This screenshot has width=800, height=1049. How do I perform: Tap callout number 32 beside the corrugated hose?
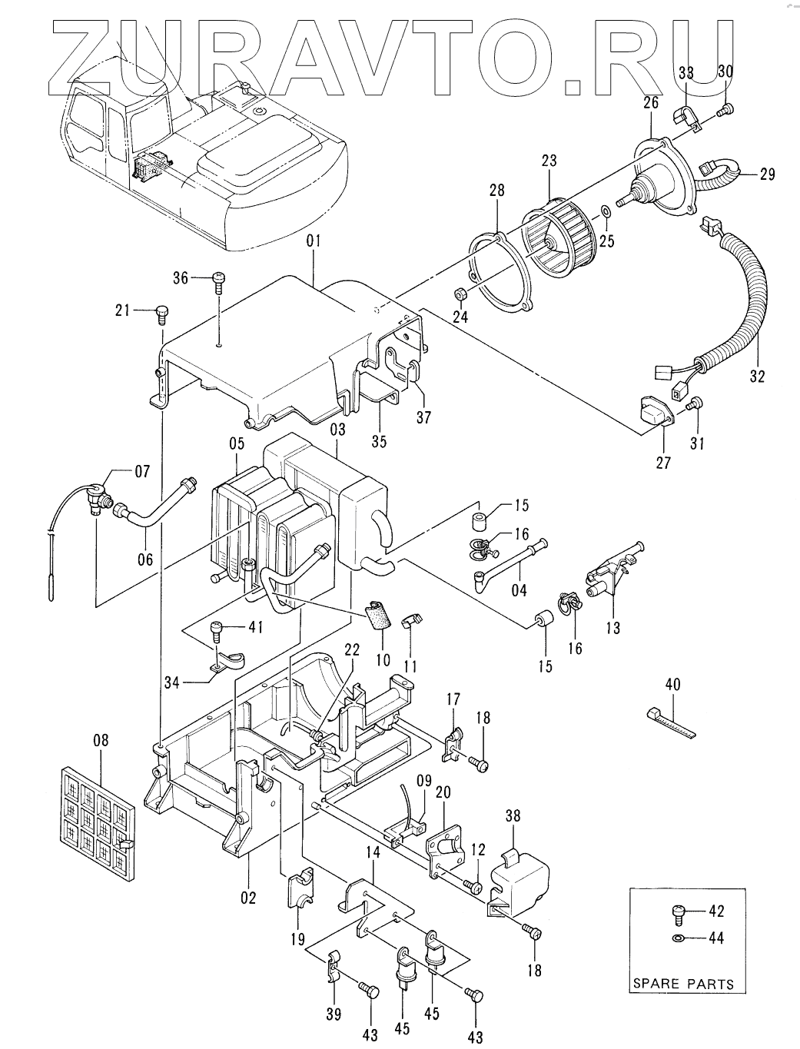758,376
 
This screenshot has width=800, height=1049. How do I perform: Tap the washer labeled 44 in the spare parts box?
677,938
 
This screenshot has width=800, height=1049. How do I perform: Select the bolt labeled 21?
162,316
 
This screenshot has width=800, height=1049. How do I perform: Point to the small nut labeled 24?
460,294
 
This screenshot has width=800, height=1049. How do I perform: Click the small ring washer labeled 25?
605,211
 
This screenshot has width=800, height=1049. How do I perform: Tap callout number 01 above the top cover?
314,241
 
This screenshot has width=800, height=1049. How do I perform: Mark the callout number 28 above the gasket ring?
496,191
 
